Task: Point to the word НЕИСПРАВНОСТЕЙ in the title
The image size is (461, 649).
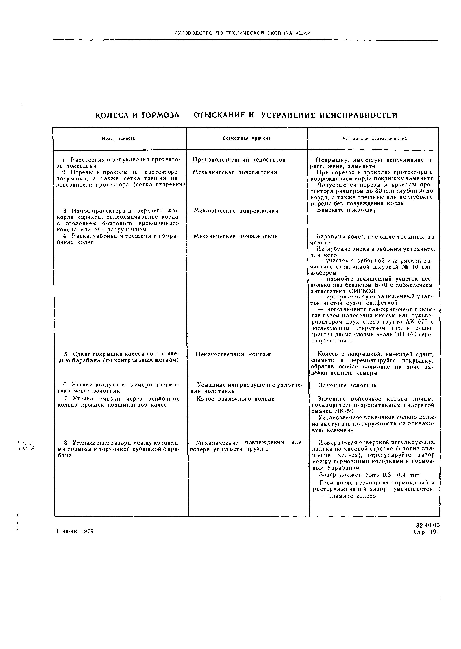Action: [358, 115]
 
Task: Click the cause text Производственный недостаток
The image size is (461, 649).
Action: [239, 160]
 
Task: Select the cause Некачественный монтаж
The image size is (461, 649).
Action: [233, 354]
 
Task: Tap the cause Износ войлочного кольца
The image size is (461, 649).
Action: [235, 399]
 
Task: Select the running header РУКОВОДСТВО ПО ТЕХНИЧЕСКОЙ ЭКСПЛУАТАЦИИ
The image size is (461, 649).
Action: [242, 33]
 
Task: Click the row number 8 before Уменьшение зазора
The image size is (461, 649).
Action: [66, 443]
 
